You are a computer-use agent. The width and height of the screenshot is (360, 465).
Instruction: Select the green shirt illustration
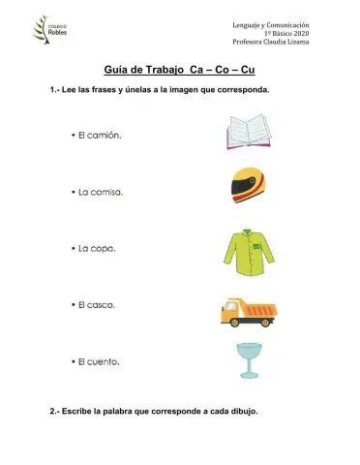pyautogui.click(x=250, y=248)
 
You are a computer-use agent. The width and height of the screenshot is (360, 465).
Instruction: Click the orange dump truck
pyautogui.click(x=250, y=309)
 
